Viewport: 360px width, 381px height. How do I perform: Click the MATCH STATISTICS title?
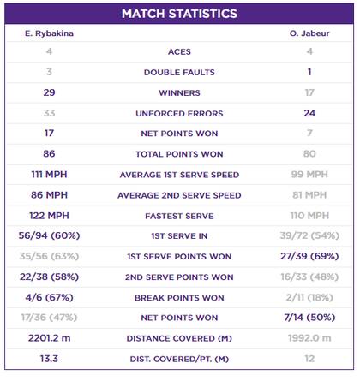[x=179, y=15]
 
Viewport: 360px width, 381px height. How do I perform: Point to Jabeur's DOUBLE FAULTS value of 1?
[x=309, y=73]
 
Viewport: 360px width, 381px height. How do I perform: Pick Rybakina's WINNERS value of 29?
[x=49, y=92]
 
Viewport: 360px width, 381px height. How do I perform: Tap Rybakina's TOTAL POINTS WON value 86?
[x=49, y=154]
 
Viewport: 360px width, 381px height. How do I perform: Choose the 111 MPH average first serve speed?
[x=49, y=176]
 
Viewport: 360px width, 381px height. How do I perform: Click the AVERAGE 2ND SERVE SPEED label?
[x=179, y=196]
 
